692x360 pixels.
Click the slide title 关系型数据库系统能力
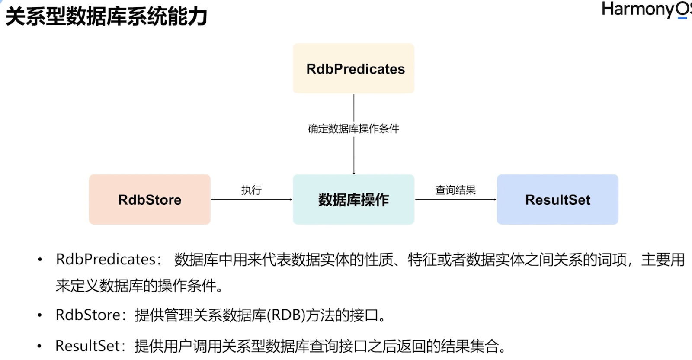[x=106, y=17]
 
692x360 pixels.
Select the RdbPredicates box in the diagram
[x=354, y=69]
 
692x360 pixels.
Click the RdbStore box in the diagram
[x=150, y=199]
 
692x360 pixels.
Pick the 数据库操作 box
[x=354, y=199]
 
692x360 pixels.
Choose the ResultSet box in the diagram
[x=557, y=199]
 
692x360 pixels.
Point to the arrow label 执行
[x=251, y=190]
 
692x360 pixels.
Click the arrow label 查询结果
[x=455, y=190]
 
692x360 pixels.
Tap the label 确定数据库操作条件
[x=353, y=129]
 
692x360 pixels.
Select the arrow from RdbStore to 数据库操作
[x=251, y=199]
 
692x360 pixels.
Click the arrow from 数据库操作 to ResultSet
[x=455, y=199]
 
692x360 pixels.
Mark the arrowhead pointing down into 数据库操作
[x=354, y=173]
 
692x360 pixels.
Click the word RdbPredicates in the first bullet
[x=106, y=259]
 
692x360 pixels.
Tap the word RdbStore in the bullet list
[x=88, y=315]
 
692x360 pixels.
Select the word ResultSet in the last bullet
[x=87, y=346]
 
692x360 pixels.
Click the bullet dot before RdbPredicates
[x=40, y=260]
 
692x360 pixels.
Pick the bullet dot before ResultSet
[x=40, y=346]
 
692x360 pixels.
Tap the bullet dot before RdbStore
[x=40, y=315]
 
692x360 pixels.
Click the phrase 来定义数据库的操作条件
[x=139, y=286]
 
